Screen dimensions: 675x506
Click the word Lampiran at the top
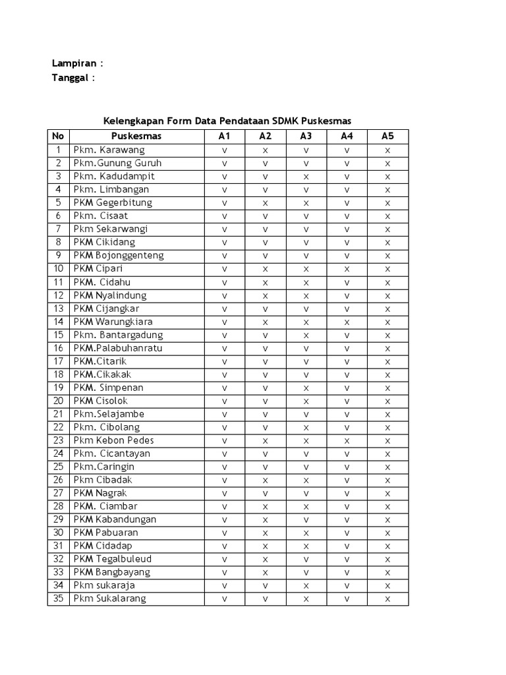[74, 64]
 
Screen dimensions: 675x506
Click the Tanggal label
[70, 78]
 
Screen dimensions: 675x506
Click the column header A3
[306, 136]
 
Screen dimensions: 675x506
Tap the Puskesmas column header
[136, 136]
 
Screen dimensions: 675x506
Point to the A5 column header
[387, 136]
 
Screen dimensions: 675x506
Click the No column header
[58, 136]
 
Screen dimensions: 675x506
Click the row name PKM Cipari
[98, 269]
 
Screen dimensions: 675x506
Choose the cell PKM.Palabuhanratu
[118, 348]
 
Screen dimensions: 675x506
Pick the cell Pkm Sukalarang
[110, 599]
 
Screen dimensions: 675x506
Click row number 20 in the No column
[58, 401]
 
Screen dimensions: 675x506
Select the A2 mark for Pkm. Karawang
[265, 150]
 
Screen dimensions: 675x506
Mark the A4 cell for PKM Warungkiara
[347, 322]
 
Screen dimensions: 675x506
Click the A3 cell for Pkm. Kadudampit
[306, 177]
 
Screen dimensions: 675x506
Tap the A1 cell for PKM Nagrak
[224, 493]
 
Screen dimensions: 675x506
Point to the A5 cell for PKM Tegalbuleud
[387, 559]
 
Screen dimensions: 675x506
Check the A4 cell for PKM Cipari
[347, 269]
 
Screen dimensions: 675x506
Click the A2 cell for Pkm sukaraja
[265, 585]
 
